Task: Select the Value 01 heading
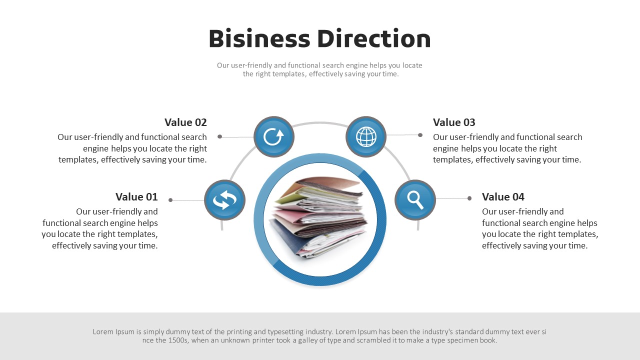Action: click(136, 196)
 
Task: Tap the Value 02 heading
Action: click(185, 122)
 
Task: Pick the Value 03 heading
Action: click(454, 122)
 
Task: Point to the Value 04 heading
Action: click(503, 196)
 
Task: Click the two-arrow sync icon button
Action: click(224, 200)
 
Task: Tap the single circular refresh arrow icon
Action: click(273, 136)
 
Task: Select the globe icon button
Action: click(366, 136)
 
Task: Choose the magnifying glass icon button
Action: click(415, 200)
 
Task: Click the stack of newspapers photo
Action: click(319, 219)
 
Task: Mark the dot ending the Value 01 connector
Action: click(170, 200)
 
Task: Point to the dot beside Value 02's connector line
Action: click(219, 136)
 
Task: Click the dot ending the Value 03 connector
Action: click(420, 135)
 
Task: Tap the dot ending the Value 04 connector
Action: click(469, 198)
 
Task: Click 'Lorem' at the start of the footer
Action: click(103, 331)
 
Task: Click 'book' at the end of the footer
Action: click(488, 340)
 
